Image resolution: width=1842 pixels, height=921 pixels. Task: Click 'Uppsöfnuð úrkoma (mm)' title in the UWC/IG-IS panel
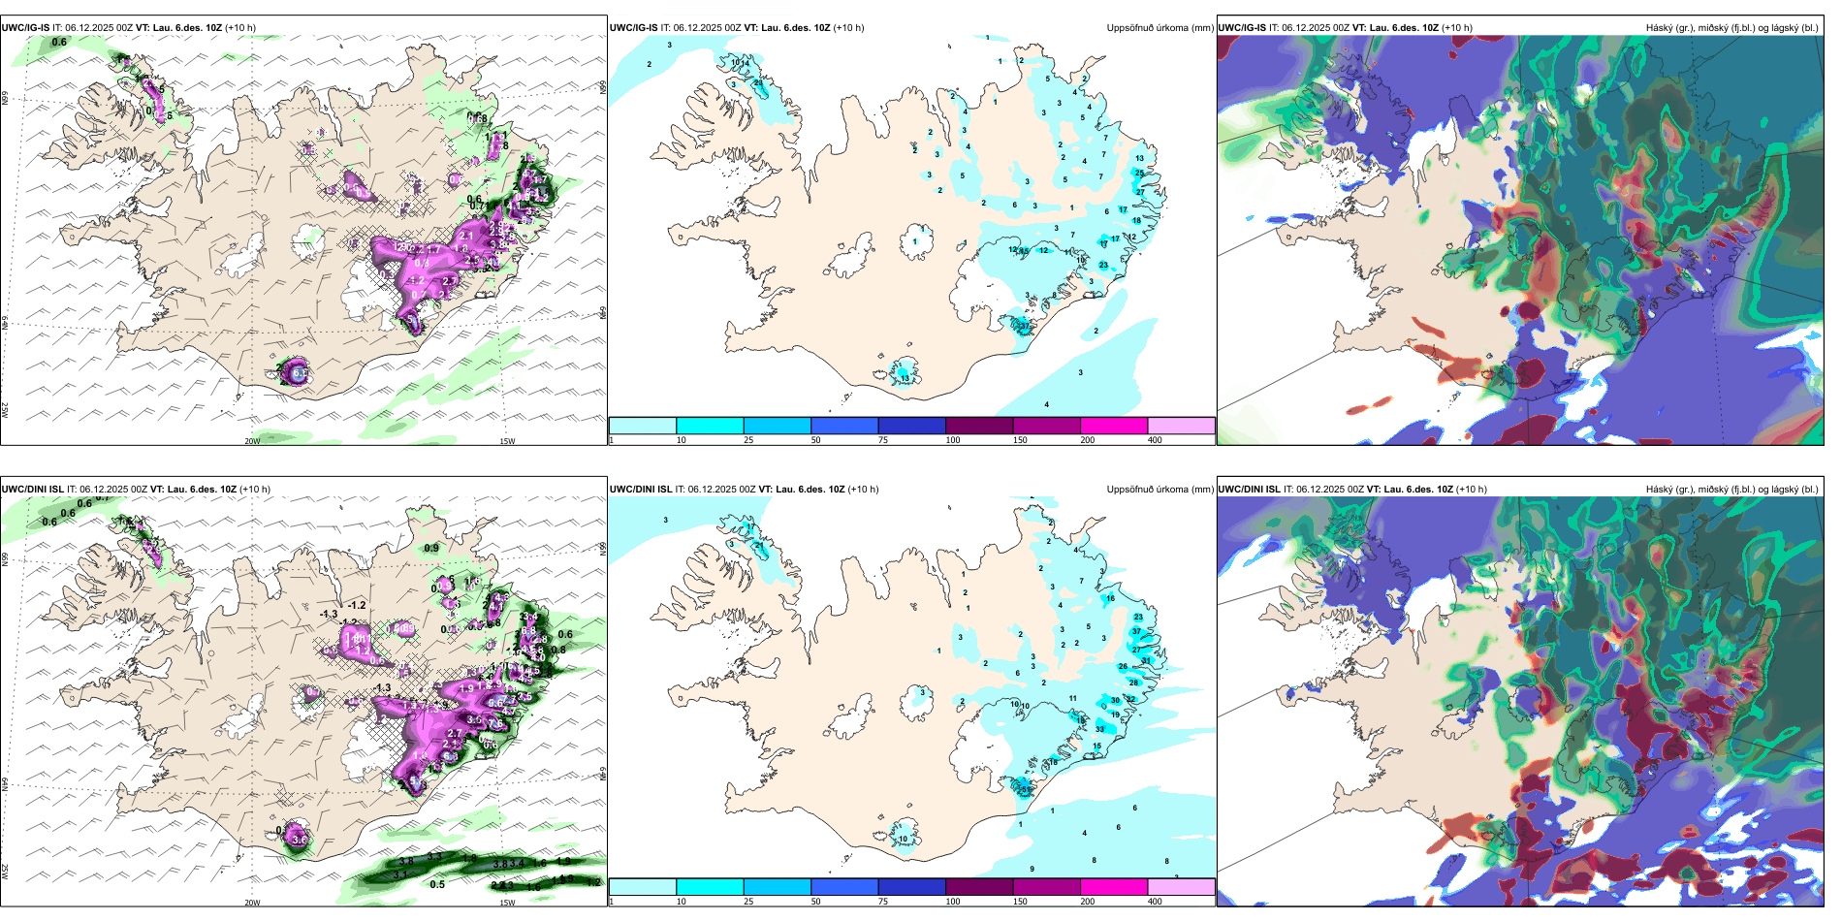1159,28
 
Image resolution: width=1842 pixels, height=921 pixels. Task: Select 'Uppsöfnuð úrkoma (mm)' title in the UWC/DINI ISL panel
1159,490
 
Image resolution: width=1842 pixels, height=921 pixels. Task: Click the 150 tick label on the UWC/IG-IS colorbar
1020,440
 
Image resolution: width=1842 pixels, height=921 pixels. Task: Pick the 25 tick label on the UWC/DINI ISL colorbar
748,902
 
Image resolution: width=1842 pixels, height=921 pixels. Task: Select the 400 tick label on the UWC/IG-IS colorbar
1155,440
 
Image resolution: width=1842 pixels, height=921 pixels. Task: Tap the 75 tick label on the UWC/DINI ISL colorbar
883,902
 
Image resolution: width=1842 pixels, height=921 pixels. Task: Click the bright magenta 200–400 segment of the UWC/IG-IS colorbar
1114,426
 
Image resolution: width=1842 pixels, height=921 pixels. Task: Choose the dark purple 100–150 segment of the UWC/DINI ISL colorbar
979,887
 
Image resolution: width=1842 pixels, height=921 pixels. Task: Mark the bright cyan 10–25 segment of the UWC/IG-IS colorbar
710,426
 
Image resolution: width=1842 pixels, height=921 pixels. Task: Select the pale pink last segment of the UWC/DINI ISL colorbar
1181,887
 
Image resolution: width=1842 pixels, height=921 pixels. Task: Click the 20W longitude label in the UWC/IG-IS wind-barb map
252,441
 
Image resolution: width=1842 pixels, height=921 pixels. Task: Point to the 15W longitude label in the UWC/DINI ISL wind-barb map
507,903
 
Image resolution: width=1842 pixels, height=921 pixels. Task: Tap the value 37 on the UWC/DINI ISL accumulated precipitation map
1137,631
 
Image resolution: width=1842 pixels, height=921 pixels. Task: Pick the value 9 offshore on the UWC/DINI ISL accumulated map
1032,869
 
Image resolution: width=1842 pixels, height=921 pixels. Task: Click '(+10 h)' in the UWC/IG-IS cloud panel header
1457,28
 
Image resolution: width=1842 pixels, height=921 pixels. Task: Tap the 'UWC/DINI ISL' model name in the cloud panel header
1249,490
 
